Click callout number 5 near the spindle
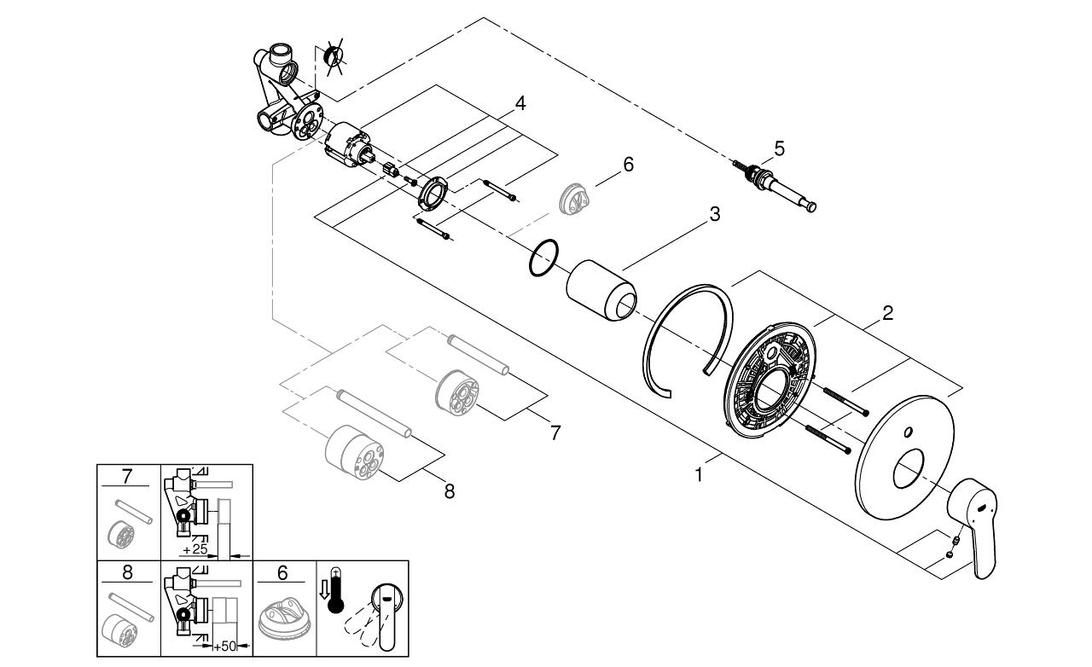778,148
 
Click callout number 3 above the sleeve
714,214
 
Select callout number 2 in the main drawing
887,313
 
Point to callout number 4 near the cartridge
520,103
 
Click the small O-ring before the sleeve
544,258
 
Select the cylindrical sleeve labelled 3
602,291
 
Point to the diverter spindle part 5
776,186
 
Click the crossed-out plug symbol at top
334,58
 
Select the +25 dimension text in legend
194,547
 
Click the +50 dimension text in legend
223,646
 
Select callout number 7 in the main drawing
555,432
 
